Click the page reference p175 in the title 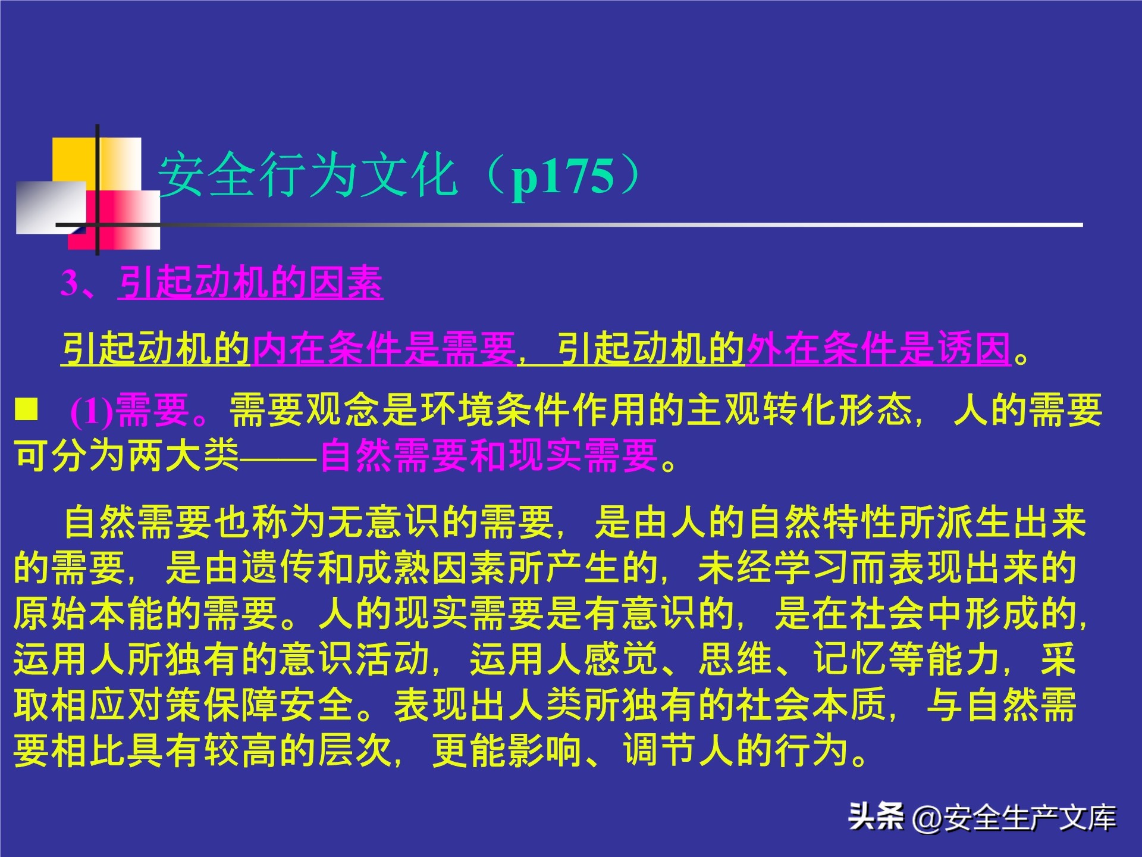pyautogui.click(x=563, y=177)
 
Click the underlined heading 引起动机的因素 pyautogui.click(x=250, y=283)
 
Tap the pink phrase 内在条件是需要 pyautogui.click(x=384, y=349)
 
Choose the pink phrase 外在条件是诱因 pyautogui.click(x=879, y=349)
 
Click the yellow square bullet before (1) pyautogui.click(x=26, y=409)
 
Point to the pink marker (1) pyautogui.click(x=92, y=411)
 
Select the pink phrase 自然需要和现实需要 pyautogui.click(x=489, y=456)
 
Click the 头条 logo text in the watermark pyautogui.click(x=876, y=817)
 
